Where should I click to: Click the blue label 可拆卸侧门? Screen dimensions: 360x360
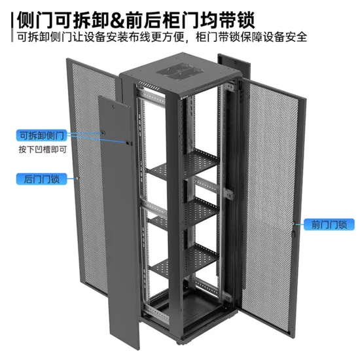click(x=41, y=135)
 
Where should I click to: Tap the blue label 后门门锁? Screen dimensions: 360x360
click(x=41, y=179)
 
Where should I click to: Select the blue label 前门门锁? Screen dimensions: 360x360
click(x=329, y=225)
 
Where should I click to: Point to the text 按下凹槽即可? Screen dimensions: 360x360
click(x=43, y=150)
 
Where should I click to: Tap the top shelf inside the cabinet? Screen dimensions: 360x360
click(x=183, y=164)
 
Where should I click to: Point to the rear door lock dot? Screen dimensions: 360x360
click(x=77, y=178)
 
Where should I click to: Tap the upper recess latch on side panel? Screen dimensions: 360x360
click(x=103, y=132)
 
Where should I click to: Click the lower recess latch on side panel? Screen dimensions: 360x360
click(x=128, y=143)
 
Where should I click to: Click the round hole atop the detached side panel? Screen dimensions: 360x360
click(x=113, y=107)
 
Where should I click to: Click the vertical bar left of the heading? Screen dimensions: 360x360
click(x=12, y=27)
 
